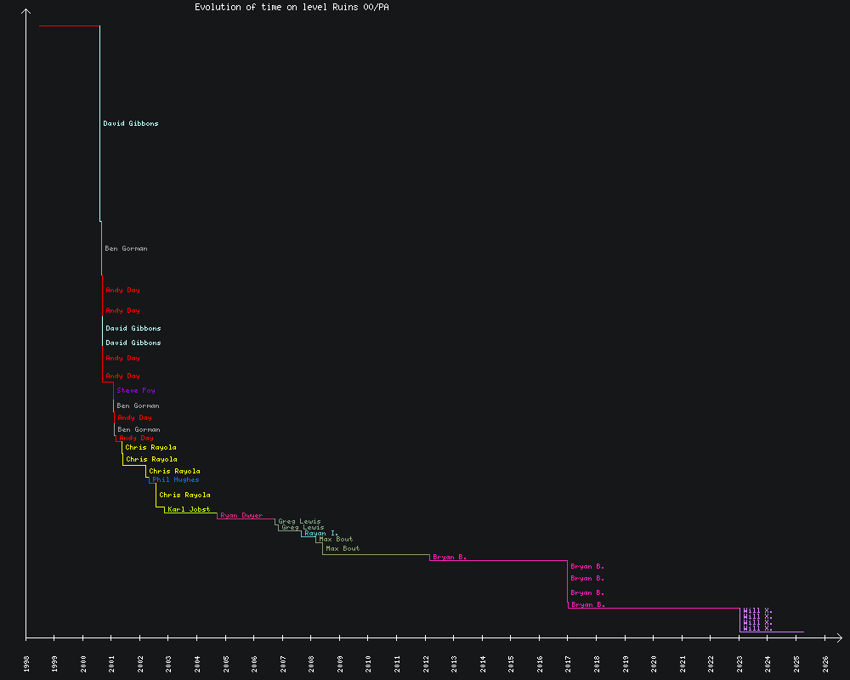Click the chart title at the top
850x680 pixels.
292,7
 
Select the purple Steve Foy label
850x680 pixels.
136,390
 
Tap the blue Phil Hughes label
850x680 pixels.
176,479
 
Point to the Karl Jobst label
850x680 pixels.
189,509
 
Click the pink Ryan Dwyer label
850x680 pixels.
241,515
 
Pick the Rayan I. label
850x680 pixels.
320,533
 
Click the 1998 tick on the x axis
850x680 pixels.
26,663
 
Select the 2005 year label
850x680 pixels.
226,663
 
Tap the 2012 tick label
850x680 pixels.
426,663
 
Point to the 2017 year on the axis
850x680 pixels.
569,663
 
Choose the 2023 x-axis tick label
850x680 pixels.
739,663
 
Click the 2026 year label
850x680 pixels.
825,663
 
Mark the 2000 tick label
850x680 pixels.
83,663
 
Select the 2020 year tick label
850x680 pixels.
654,663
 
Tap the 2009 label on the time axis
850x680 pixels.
340,663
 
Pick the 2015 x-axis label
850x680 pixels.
512,663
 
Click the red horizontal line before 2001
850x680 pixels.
69,25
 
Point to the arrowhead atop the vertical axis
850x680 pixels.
26,11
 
